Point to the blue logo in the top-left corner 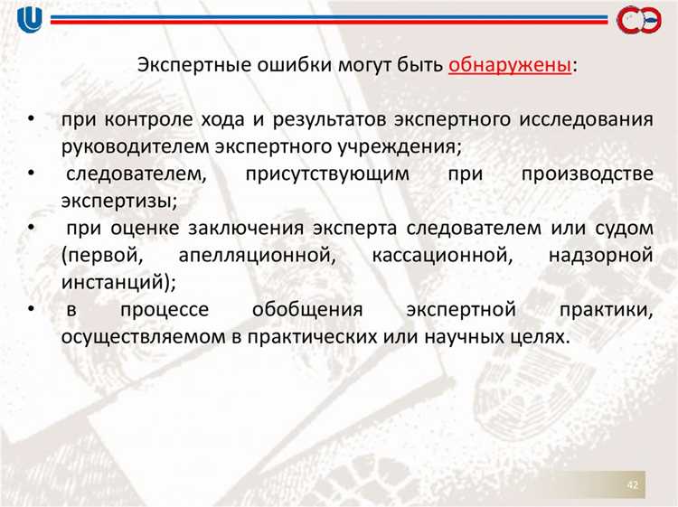pyautogui.click(x=28, y=18)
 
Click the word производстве pyautogui.click(x=587, y=173)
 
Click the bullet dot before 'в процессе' pyautogui.click(x=32, y=310)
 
